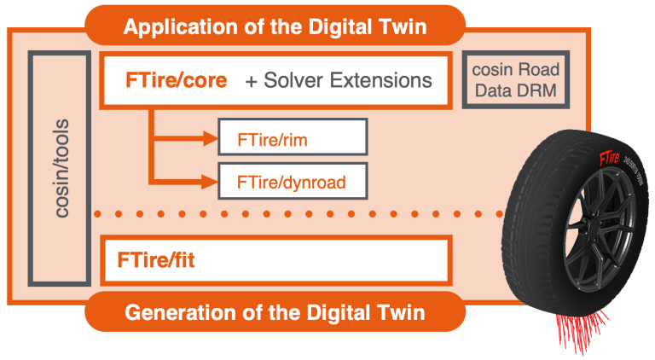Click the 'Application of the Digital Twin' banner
pos(275,26)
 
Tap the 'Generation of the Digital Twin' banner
pos(275,311)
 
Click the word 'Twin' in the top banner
pos(402,26)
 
